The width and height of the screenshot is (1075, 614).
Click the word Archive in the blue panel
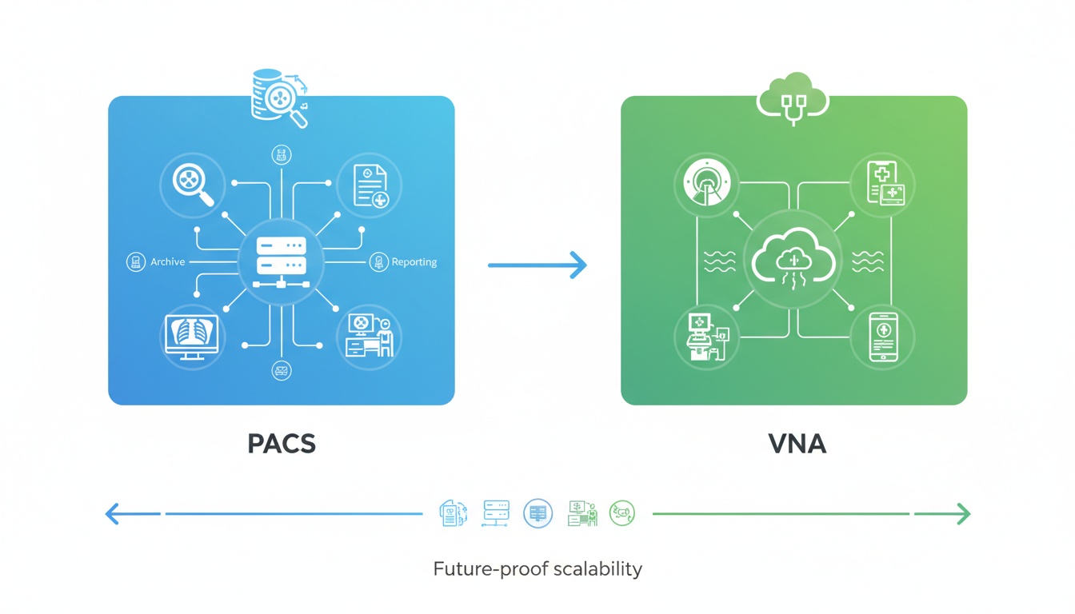coord(167,261)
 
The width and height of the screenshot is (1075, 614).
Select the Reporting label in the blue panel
coord(414,261)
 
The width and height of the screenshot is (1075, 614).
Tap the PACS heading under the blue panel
coord(282,444)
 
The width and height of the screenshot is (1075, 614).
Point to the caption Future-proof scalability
coord(537,569)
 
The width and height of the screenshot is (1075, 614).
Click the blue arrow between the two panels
coord(537,265)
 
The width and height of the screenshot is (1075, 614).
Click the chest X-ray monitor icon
coord(190,336)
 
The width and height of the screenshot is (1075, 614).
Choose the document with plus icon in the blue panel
coord(369,185)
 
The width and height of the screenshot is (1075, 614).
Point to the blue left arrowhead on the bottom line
coord(113,513)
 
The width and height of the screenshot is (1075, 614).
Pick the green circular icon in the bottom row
coord(621,512)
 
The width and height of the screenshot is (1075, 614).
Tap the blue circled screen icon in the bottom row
coord(537,512)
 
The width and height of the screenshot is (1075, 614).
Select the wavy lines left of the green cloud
coord(719,261)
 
